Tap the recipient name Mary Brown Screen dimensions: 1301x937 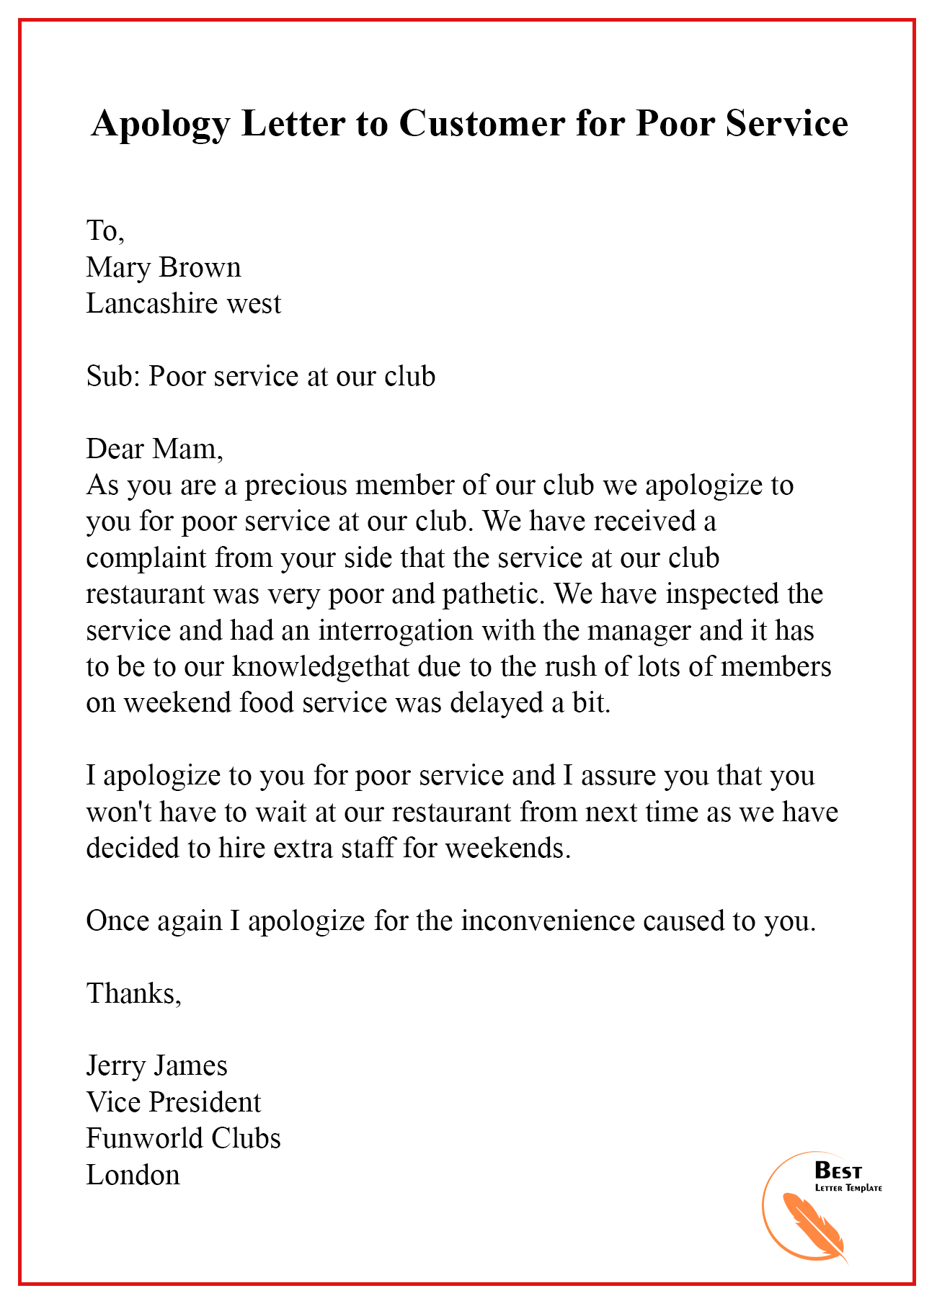(x=164, y=267)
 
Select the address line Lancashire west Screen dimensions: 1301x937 (x=183, y=303)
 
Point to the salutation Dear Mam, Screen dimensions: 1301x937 (x=155, y=449)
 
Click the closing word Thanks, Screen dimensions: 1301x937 (x=134, y=993)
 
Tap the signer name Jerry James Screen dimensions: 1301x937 (x=156, y=1065)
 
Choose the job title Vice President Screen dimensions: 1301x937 (x=173, y=1102)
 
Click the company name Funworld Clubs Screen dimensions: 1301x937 (x=183, y=1138)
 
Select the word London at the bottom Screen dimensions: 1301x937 (x=133, y=1175)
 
